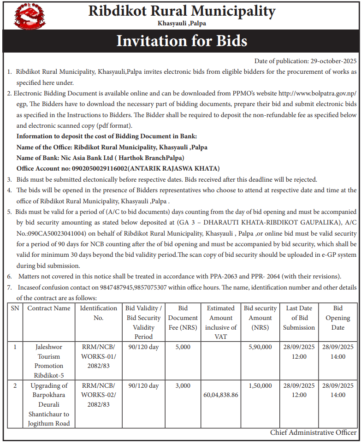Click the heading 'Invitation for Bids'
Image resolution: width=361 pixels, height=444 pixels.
click(x=182, y=41)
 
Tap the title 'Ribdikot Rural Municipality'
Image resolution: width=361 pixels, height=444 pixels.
click(x=182, y=11)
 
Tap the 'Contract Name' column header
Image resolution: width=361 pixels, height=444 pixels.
click(x=49, y=308)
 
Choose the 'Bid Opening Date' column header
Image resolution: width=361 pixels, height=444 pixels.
click(x=337, y=318)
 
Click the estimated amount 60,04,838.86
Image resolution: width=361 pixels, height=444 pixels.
click(x=221, y=395)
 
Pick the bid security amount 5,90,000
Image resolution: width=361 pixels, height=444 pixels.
click(x=260, y=347)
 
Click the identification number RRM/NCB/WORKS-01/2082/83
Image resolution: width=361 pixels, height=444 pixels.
click(x=99, y=356)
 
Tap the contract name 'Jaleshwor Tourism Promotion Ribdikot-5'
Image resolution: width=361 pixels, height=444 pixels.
click(x=48, y=361)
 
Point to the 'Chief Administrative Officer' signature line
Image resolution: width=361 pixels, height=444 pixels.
click(x=313, y=432)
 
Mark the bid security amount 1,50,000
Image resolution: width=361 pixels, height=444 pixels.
click(x=260, y=385)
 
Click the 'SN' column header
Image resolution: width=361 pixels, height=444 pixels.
click(x=15, y=308)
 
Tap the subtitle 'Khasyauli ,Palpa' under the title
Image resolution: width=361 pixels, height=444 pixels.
click(x=182, y=23)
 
